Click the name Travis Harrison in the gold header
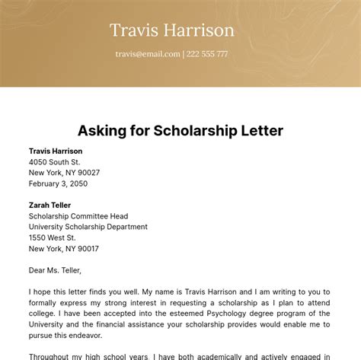pyautogui.click(x=172, y=30)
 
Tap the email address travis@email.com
pyautogui.click(x=148, y=54)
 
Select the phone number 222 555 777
pyautogui.click(x=207, y=54)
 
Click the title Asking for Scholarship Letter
pyautogui.click(x=180, y=130)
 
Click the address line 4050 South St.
pyautogui.click(x=55, y=162)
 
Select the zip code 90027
pyautogui.click(x=88, y=173)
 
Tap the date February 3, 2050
pyautogui.click(x=58, y=183)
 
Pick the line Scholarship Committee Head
pyautogui.click(x=78, y=216)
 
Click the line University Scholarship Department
pyautogui.click(x=88, y=227)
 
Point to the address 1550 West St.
pyautogui.click(x=53, y=237)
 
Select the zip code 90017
pyautogui.click(x=88, y=248)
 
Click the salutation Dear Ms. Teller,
pyautogui.click(x=55, y=270)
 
